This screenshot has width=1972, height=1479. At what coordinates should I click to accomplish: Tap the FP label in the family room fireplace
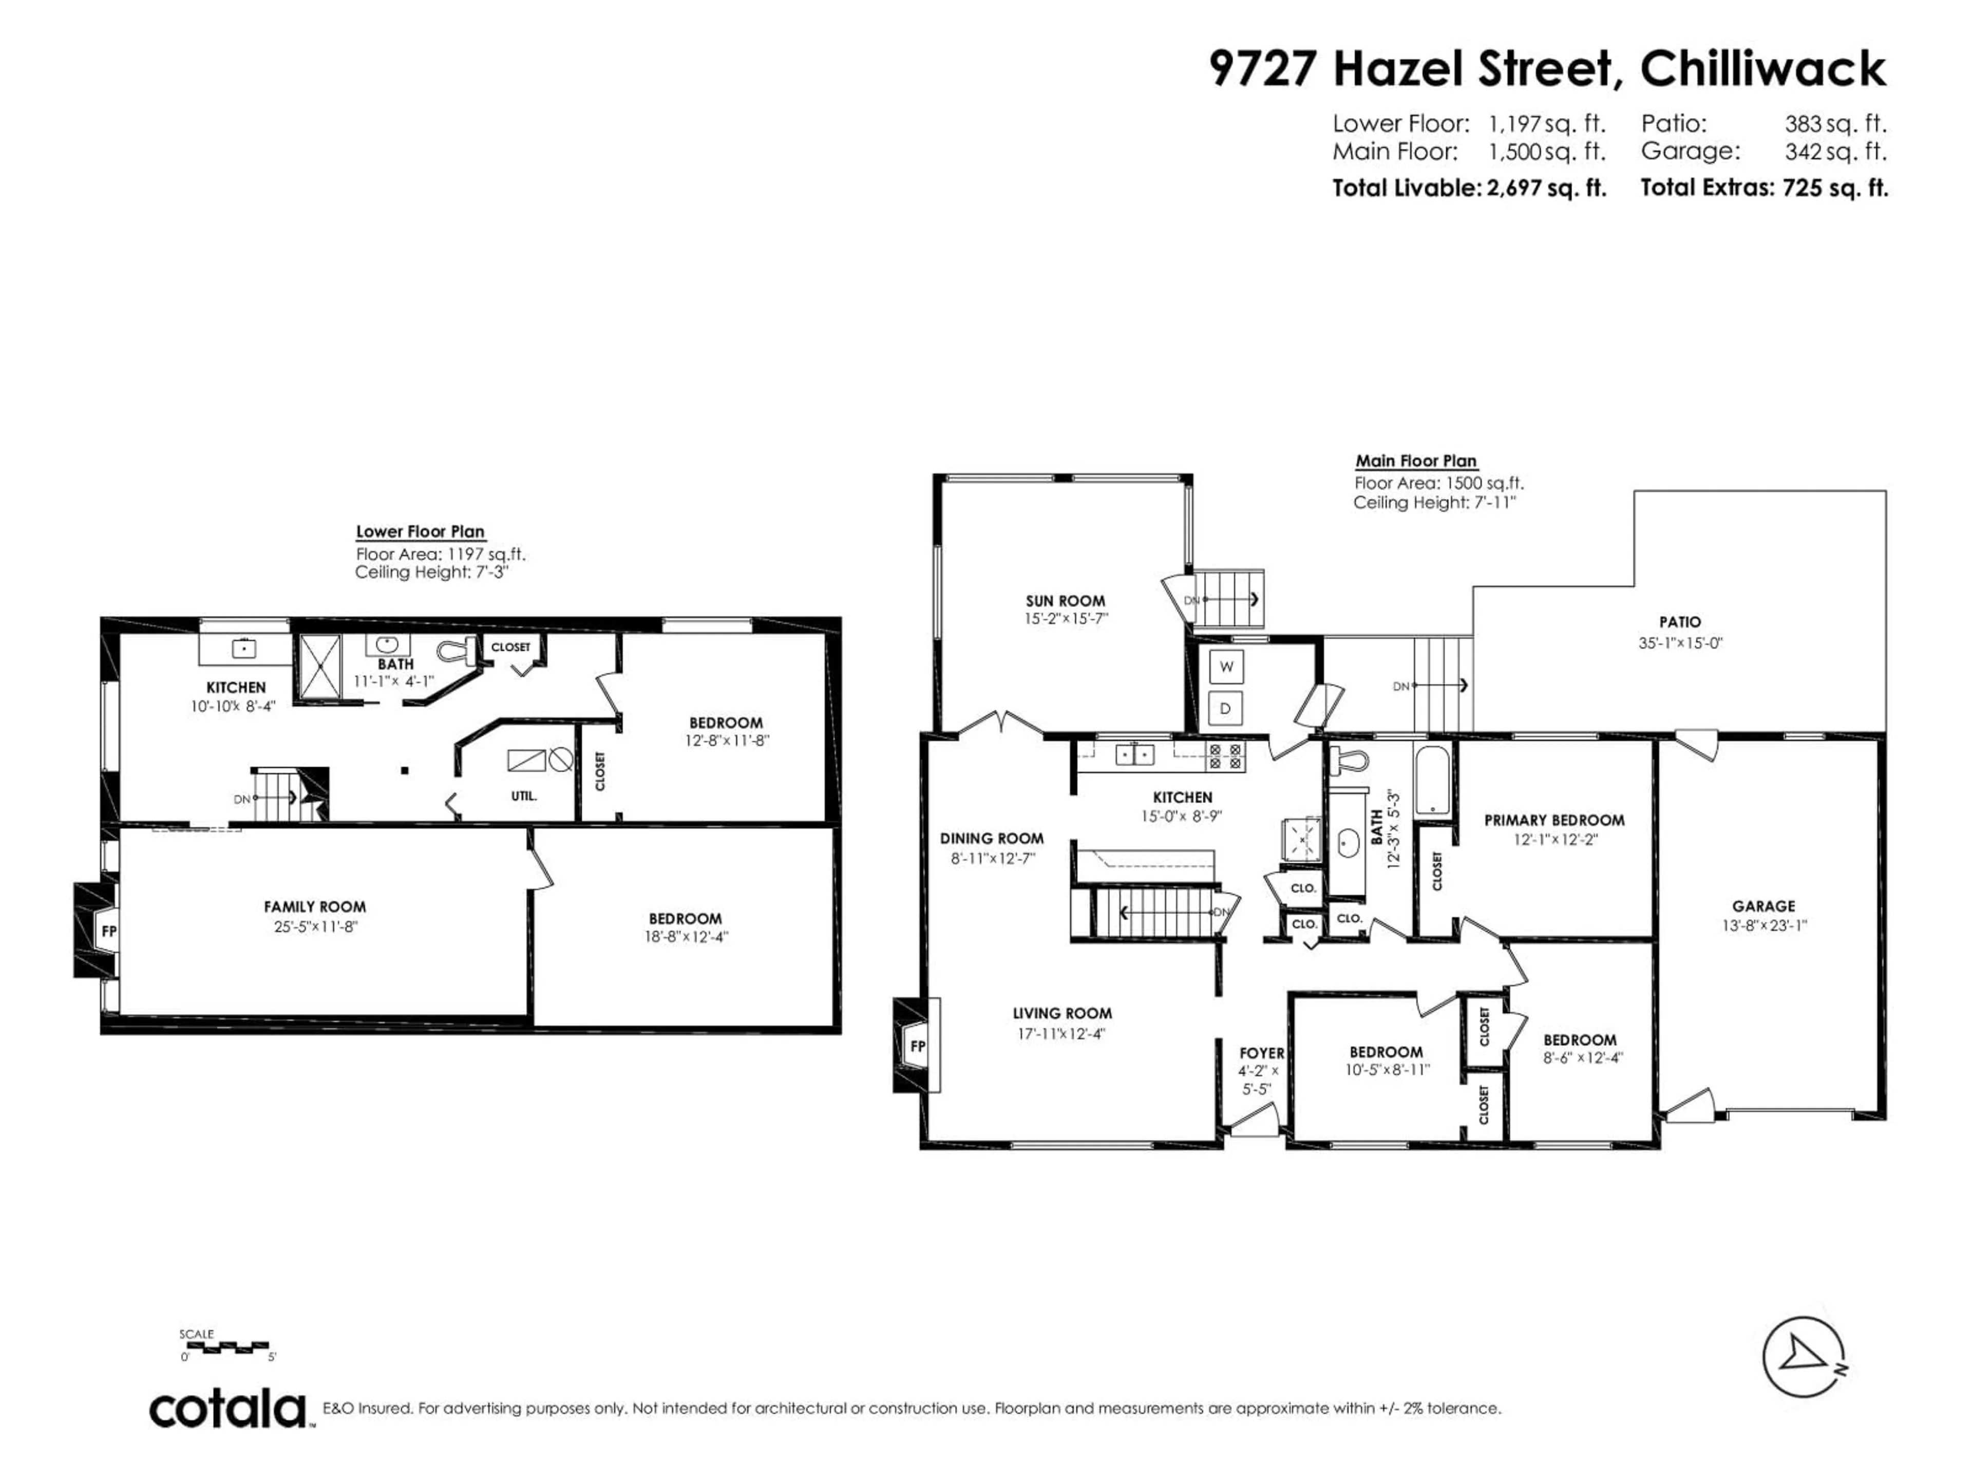click(109, 932)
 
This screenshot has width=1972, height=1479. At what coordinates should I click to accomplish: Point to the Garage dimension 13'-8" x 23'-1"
click(1764, 925)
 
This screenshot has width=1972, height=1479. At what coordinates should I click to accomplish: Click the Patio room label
click(1680, 622)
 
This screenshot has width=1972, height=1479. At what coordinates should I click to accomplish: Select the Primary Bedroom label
click(1554, 820)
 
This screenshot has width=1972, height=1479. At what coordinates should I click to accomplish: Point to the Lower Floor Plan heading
click(420, 532)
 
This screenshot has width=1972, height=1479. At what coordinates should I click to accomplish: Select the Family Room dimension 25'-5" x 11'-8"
click(315, 926)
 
